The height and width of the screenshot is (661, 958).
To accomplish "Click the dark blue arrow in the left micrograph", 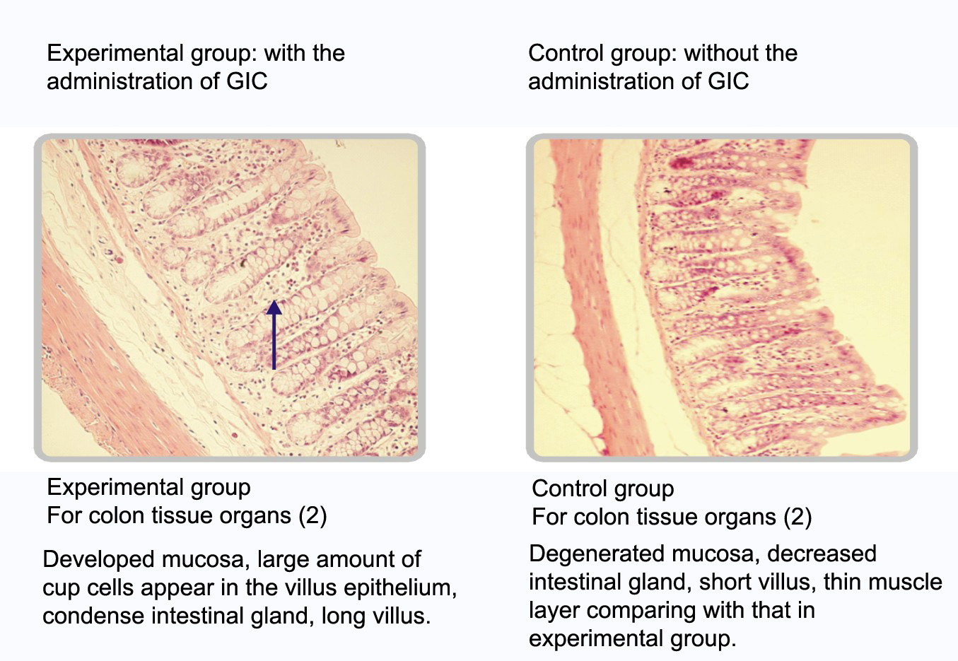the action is click(274, 335).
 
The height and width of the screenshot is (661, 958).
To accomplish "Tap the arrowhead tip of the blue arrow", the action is click(274, 300).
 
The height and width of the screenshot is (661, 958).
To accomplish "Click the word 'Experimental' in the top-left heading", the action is click(112, 54).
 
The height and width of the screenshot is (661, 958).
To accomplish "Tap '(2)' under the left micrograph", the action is click(312, 515).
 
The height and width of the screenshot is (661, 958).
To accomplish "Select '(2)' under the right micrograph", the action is click(798, 517).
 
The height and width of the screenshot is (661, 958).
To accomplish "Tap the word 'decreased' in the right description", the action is click(822, 554).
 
